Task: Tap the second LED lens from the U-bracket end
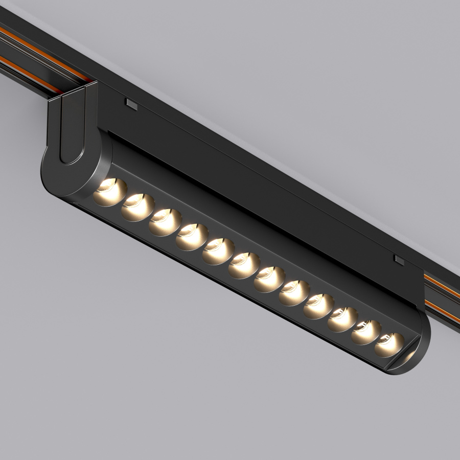point(137,206)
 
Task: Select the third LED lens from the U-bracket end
point(165,222)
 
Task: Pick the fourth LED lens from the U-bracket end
point(191,237)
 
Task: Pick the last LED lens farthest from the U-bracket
point(389,345)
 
